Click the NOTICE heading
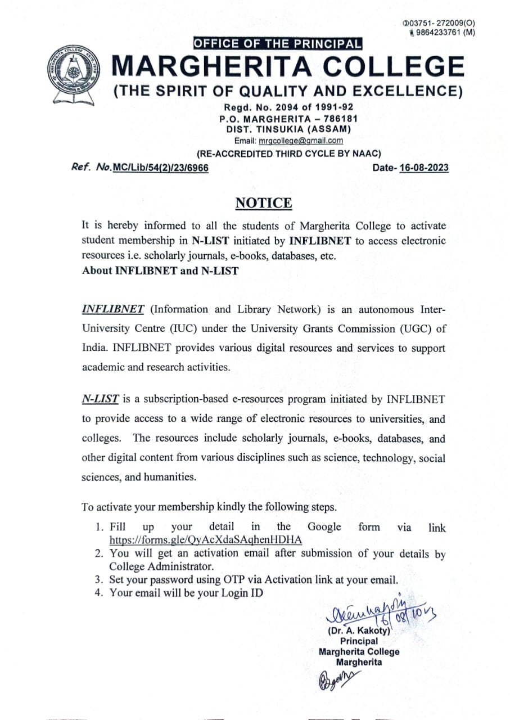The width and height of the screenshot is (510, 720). [x=264, y=203]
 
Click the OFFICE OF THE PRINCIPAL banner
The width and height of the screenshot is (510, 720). [x=278, y=43]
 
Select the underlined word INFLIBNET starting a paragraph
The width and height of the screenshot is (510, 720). [x=114, y=309]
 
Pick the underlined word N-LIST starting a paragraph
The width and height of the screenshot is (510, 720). [x=100, y=399]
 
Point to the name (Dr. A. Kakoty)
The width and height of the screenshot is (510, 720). [x=359, y=631]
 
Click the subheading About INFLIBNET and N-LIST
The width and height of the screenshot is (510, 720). [x=160, y=271]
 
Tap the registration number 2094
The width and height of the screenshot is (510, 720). [x=284, y=107]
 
